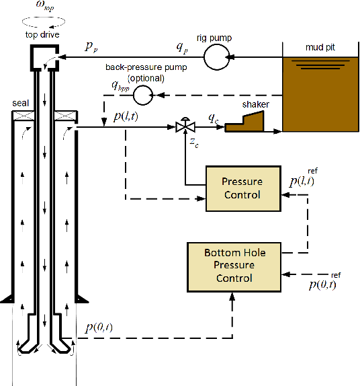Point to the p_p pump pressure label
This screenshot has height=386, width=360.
[x=91, y=46]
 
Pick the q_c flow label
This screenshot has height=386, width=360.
[x=214, y=116]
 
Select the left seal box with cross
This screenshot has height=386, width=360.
[x=23, y=116]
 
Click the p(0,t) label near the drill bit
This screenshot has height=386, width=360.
[x=99, y=327]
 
